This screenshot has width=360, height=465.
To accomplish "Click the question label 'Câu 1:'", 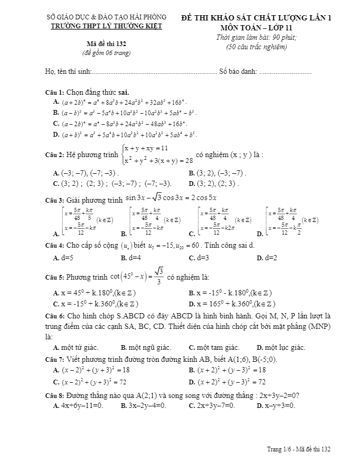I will point(54,92).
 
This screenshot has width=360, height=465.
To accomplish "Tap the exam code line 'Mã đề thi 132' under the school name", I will point(106,44).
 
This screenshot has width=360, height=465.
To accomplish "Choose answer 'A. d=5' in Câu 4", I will point(63,258).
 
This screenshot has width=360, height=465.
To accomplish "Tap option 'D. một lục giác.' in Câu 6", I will point(281,347).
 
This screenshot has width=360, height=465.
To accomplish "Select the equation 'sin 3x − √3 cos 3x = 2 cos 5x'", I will point(171,198).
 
